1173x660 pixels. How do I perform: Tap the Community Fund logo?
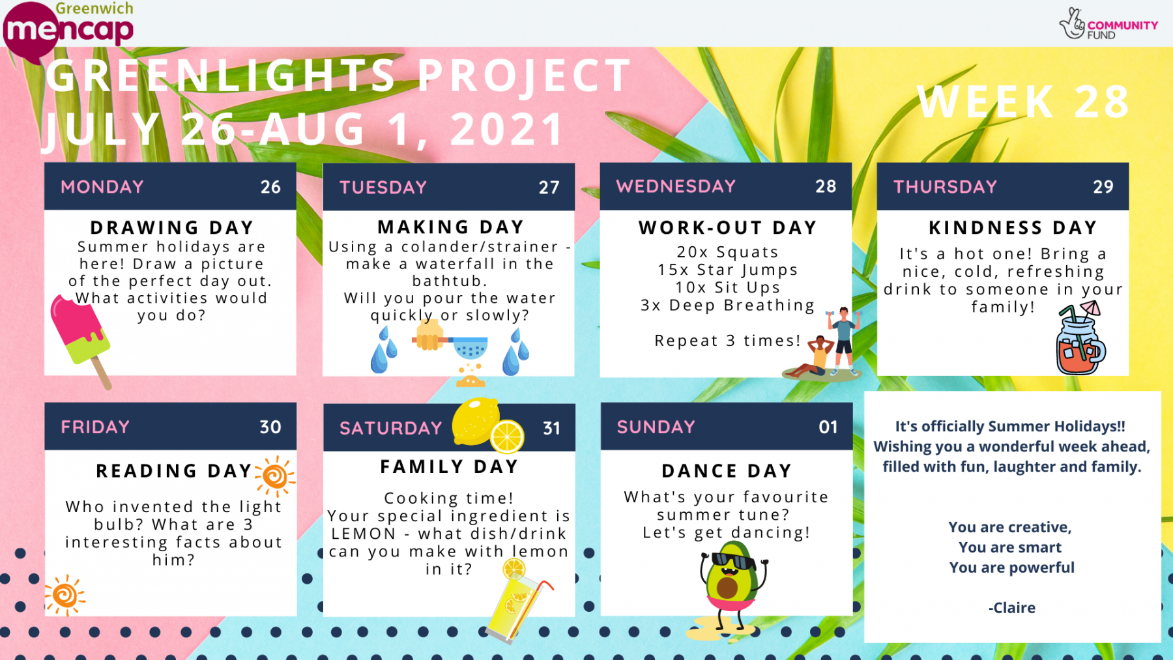1108,25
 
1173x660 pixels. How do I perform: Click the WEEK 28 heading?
1023,102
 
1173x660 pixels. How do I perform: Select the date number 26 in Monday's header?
270,187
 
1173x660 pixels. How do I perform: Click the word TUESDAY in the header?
383,188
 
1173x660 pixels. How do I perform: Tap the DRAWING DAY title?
172,227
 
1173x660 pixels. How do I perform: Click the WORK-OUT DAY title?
727,227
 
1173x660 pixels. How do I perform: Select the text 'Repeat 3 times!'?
727,341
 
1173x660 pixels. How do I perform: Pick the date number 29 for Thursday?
1103,187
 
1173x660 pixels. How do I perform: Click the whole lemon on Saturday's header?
476,421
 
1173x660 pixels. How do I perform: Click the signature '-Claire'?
1012,608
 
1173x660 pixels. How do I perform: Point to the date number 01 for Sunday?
828,427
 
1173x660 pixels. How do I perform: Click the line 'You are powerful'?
1012,567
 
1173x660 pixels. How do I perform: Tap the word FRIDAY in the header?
95,427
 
